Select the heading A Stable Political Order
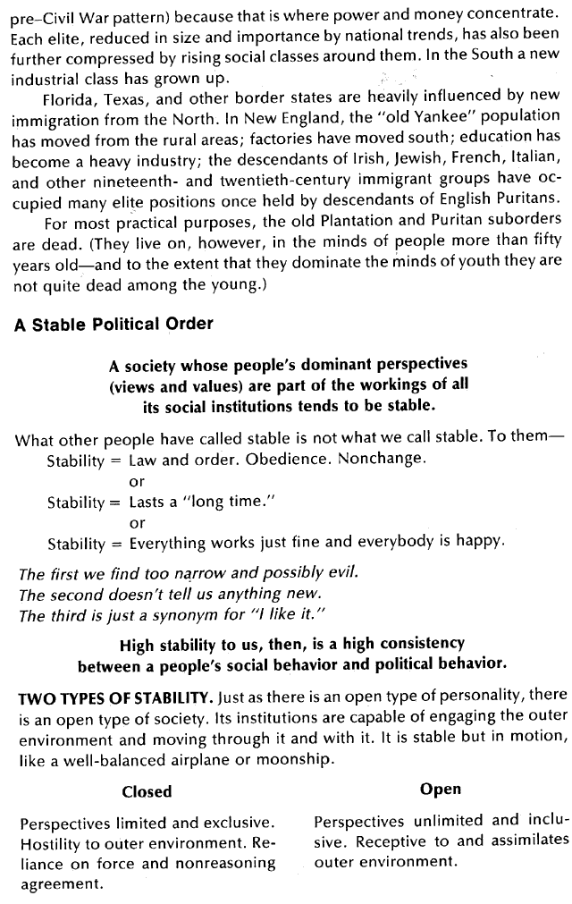(114, 325)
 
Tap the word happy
(480, 542)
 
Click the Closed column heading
(147, 791)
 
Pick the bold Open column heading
(441, 789)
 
